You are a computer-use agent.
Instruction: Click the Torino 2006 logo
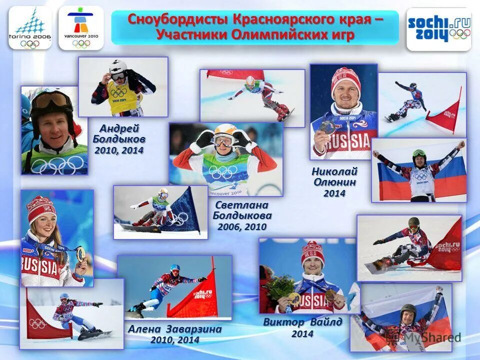[x=30, y=28]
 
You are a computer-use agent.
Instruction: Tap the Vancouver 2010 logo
[x=81, y=28]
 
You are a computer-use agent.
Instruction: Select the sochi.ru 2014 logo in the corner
[x=438, y=28]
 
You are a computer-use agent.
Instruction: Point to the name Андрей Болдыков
[x=119, y=133]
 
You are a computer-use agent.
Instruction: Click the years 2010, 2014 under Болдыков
[x=119, y=150]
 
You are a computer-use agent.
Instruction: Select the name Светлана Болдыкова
[x=242, y=210]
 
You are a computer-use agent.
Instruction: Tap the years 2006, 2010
[x=242, y=226]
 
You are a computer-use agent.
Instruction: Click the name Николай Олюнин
[x=334, y=176]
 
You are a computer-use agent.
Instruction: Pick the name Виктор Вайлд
[x=302, y=322]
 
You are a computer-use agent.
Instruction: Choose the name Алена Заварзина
[x=174, y=329]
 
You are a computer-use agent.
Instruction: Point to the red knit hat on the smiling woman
[x=41, y=208]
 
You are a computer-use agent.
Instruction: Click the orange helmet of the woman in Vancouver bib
[x=224, y=131]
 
